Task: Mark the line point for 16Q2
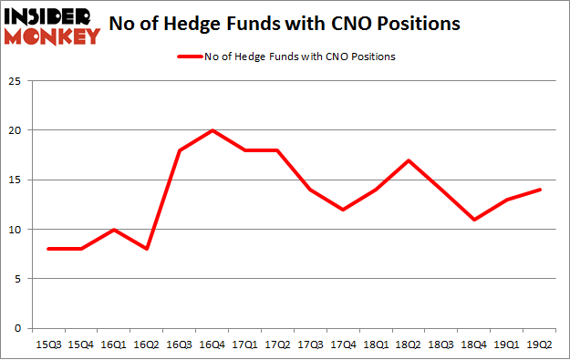[x=148, y=249]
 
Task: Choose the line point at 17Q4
[x=343, y=210]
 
